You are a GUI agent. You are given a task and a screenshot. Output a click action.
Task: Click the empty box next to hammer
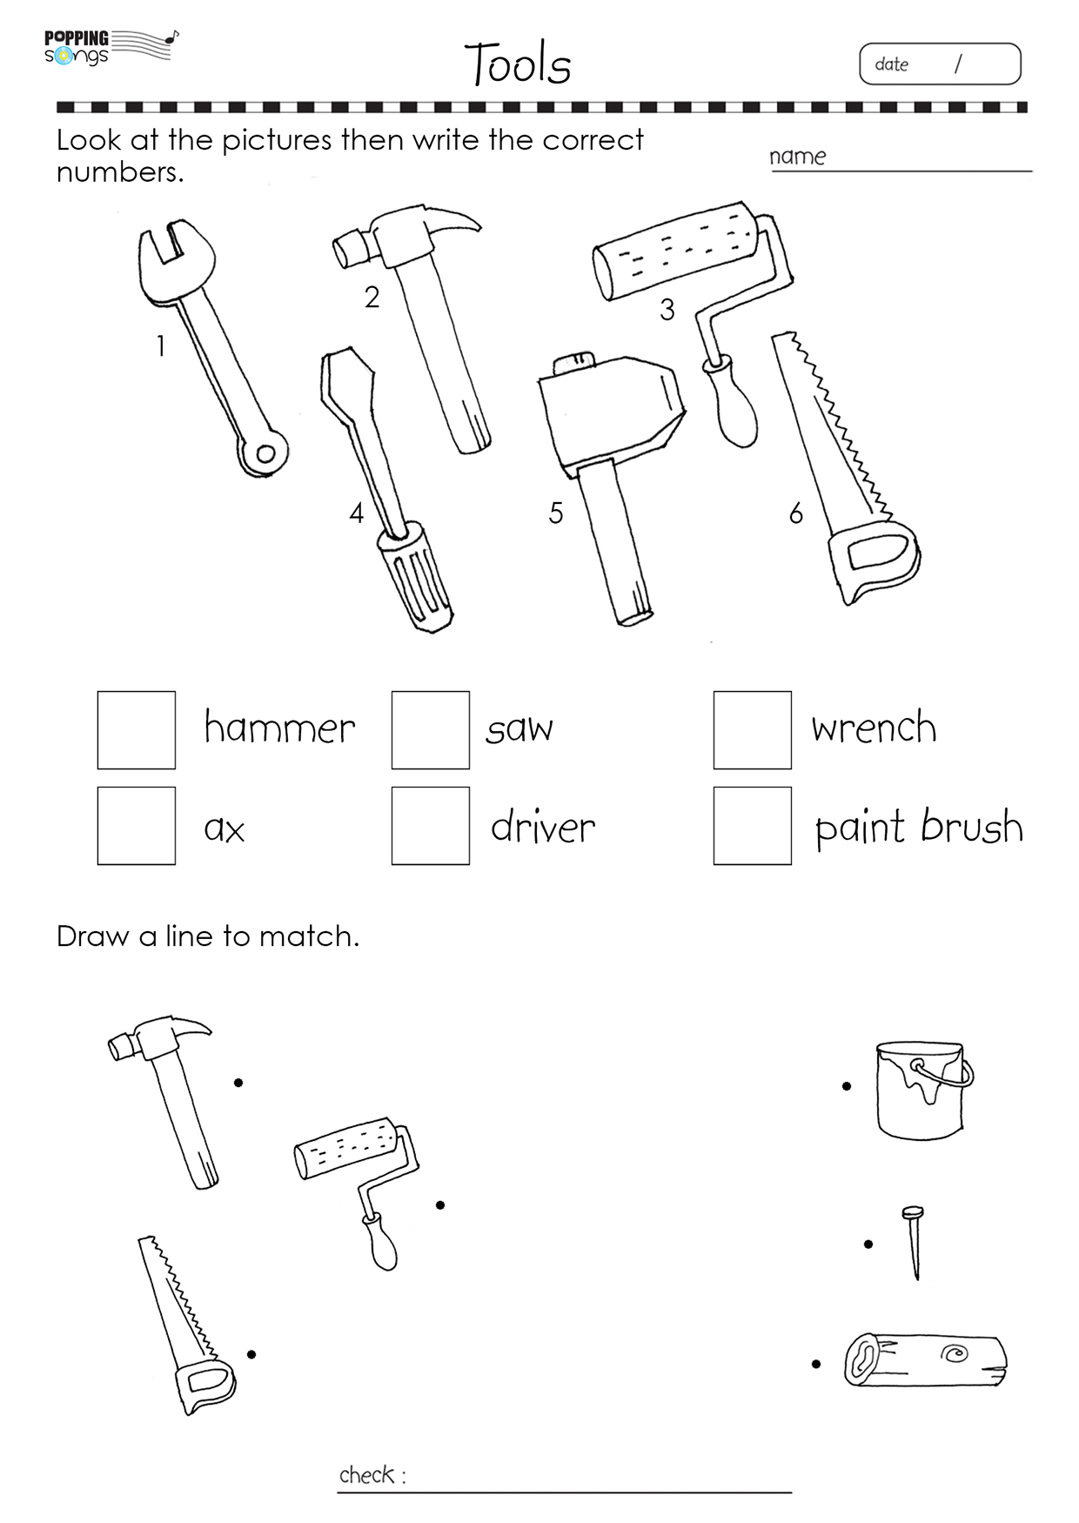point(137,730)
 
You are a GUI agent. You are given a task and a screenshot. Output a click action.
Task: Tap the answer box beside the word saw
point(431,730)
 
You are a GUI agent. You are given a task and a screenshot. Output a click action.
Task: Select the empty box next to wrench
point(753,730)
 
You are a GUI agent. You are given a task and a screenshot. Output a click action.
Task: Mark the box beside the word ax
point(137,826)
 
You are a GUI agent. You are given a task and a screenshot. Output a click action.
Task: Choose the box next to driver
point(431,826)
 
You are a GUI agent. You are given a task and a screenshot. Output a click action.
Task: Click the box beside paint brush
point(753,826)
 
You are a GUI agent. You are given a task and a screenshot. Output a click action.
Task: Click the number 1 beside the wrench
point(161,346)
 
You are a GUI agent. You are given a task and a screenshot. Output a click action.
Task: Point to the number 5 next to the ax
point(556,513)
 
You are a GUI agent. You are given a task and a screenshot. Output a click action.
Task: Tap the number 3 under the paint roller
point(667,309)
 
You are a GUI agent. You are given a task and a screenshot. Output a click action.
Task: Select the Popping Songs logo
point(111,48)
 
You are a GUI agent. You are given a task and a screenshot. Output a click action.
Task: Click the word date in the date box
point(891,64)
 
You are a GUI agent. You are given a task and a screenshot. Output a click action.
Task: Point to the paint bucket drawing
point(924,1090)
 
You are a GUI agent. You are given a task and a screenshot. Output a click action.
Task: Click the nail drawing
point(913,1243)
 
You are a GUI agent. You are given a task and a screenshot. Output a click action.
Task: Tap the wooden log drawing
point(926,1360)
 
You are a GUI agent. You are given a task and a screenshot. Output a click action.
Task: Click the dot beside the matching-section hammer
point(238,1083)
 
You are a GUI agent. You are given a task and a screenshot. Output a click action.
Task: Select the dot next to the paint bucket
point(847,1086)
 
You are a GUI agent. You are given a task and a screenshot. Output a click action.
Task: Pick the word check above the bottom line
point(367,1474)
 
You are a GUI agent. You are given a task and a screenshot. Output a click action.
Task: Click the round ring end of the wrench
point(264,453)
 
